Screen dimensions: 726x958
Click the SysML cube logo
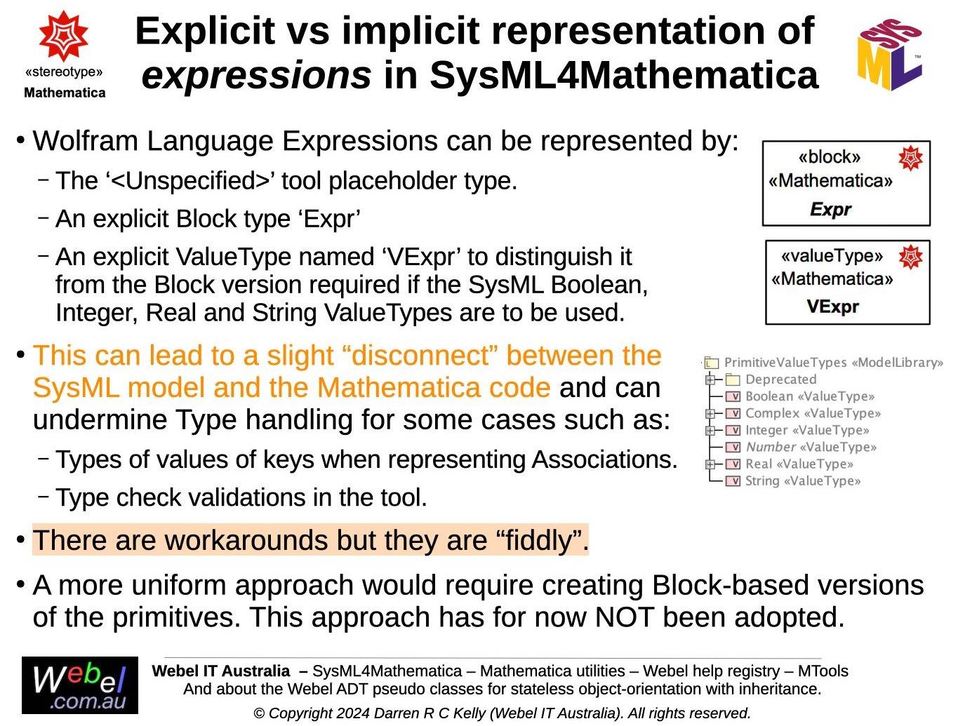point(890,55)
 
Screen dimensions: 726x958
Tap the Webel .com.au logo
point(80,685)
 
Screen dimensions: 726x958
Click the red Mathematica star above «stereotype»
point(64,35)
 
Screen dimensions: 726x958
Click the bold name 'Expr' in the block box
point(831,209)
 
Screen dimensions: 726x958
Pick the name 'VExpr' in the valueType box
point(832,307)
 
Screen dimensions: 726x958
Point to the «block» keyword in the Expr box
point(829,156)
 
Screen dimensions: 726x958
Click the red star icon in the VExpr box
point(910,257)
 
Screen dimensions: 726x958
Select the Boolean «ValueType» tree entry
point(809,396)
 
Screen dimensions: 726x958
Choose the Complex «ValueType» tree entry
point(812,413)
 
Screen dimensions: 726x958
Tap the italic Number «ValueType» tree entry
point(811,447)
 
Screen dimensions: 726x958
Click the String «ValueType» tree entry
point(802,480)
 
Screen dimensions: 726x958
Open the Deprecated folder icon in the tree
point(733,379)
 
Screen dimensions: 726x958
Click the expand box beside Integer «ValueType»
point(710,430)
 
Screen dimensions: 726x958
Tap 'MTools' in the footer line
point(823,671)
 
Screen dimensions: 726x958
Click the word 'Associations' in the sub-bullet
point(604,459)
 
